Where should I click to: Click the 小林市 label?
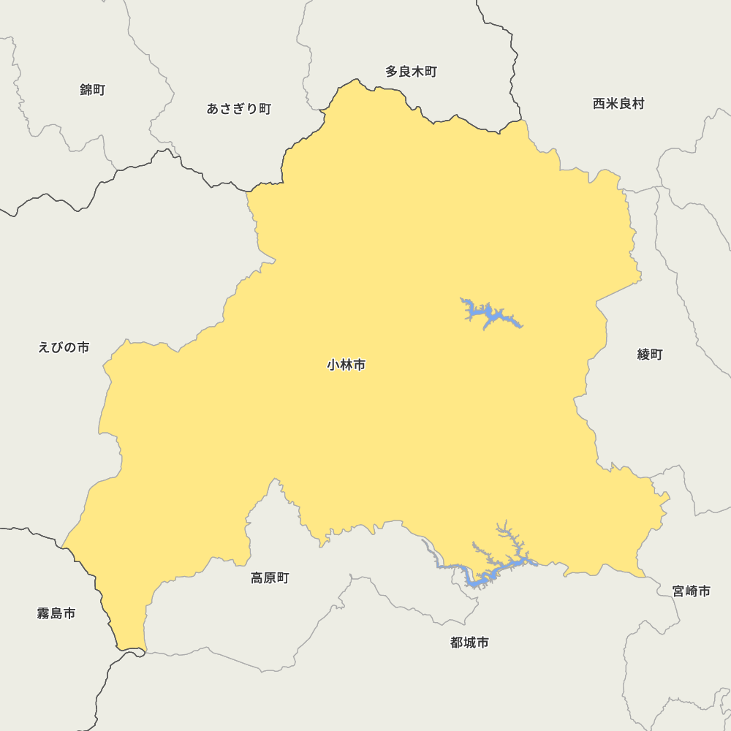(x=346, y=365)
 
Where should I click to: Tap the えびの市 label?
(x=64, y=347)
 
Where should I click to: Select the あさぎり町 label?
(x=238, y=109)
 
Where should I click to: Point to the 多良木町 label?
(x=411, y=72)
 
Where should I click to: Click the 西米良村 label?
(x=618, y=104)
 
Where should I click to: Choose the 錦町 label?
(x=93, y=90)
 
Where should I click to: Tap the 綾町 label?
(x=650, y=355)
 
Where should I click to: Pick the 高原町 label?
(x=270, y=578)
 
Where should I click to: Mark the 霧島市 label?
(x=56, y=613)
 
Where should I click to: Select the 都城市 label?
(x=469, y=643)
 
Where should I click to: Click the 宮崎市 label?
(x=692, y=591)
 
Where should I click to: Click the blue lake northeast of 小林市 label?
(x=488, y=315)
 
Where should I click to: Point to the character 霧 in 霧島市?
(x=43, y=613)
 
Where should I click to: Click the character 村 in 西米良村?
(x=638, y=104)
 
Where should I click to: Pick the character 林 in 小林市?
(x=346, y=365)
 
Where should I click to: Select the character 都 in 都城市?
(x=457, y=643)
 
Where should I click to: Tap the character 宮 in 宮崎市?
(x=679, y=591)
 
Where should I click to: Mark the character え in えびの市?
(x=44, y=347)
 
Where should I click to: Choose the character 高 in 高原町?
(x=257, y=578)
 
